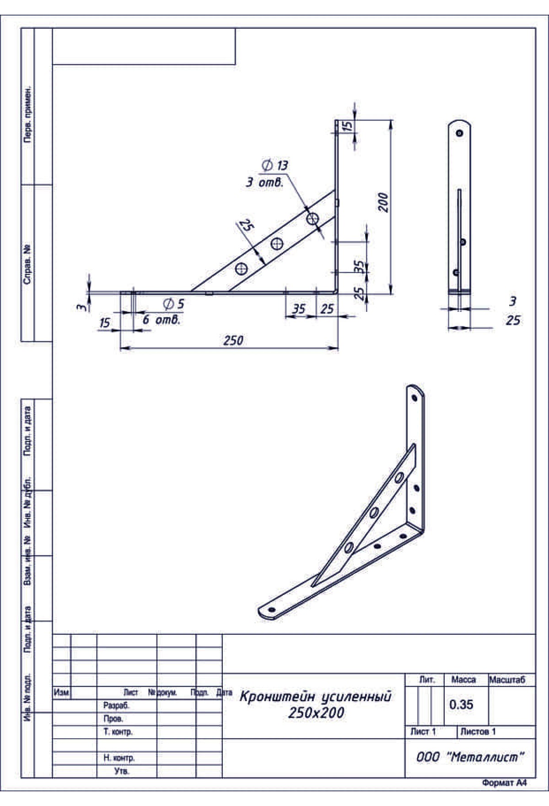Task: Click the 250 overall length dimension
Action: coord(233,341)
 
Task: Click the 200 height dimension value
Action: coord(383,202)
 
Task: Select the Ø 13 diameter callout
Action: coord(275,165)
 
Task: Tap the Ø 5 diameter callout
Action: coord(174,303)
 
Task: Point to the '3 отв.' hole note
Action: coord(265,182)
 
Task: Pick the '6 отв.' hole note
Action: coord(161,320)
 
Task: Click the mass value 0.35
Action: coord(461,705)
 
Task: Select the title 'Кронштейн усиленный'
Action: coord(316,697)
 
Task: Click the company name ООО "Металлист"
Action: coord(470,757)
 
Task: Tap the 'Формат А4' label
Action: coord(504,783)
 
